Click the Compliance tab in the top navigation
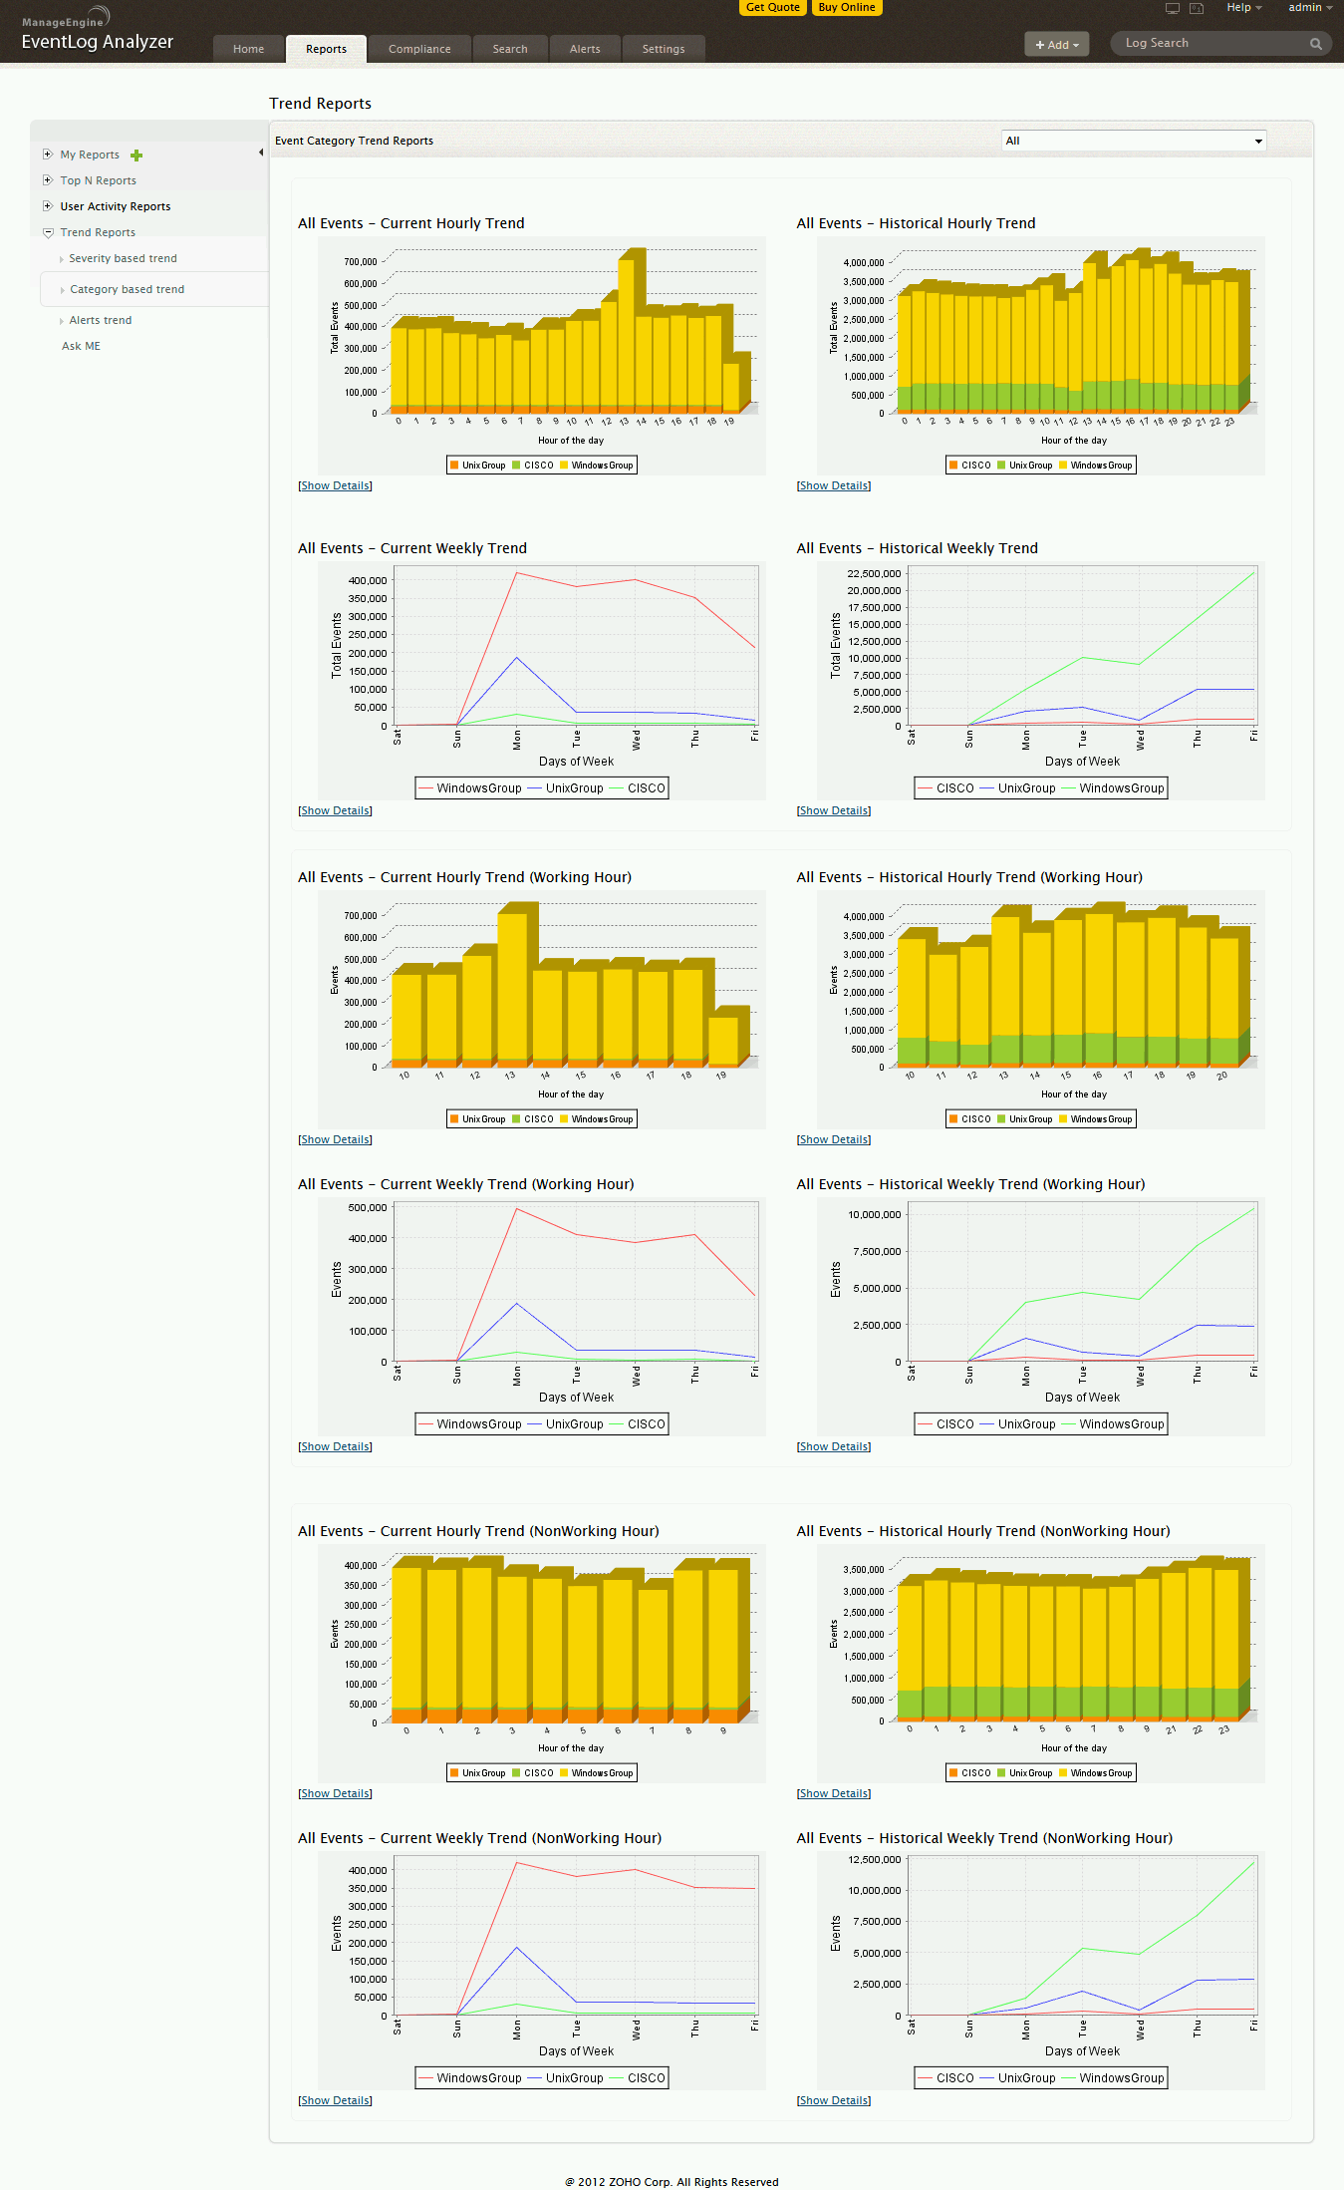click(419, 49)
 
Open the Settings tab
click(663, 49)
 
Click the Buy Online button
click(846, 7)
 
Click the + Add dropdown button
click(1056, 44)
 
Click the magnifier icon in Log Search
click(1315, 44)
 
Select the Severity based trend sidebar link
click(123, 258)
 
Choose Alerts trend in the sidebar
click(100, 320)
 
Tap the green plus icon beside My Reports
click(136, 156)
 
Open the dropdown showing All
click(1133, 141)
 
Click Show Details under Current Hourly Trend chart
click(335, 485)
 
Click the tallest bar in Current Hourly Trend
click(626, 329)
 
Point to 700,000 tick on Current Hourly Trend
click(361, 262)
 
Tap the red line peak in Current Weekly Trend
click(516, 572)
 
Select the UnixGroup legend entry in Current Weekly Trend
click(574, 788)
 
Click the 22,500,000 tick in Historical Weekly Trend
click(874, 573)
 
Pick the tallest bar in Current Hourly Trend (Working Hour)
click(512, 982)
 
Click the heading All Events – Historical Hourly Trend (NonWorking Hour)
click(982, 1531)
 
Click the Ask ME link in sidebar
click(81, 346)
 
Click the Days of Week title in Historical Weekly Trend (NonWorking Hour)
click(1082, 2051)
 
